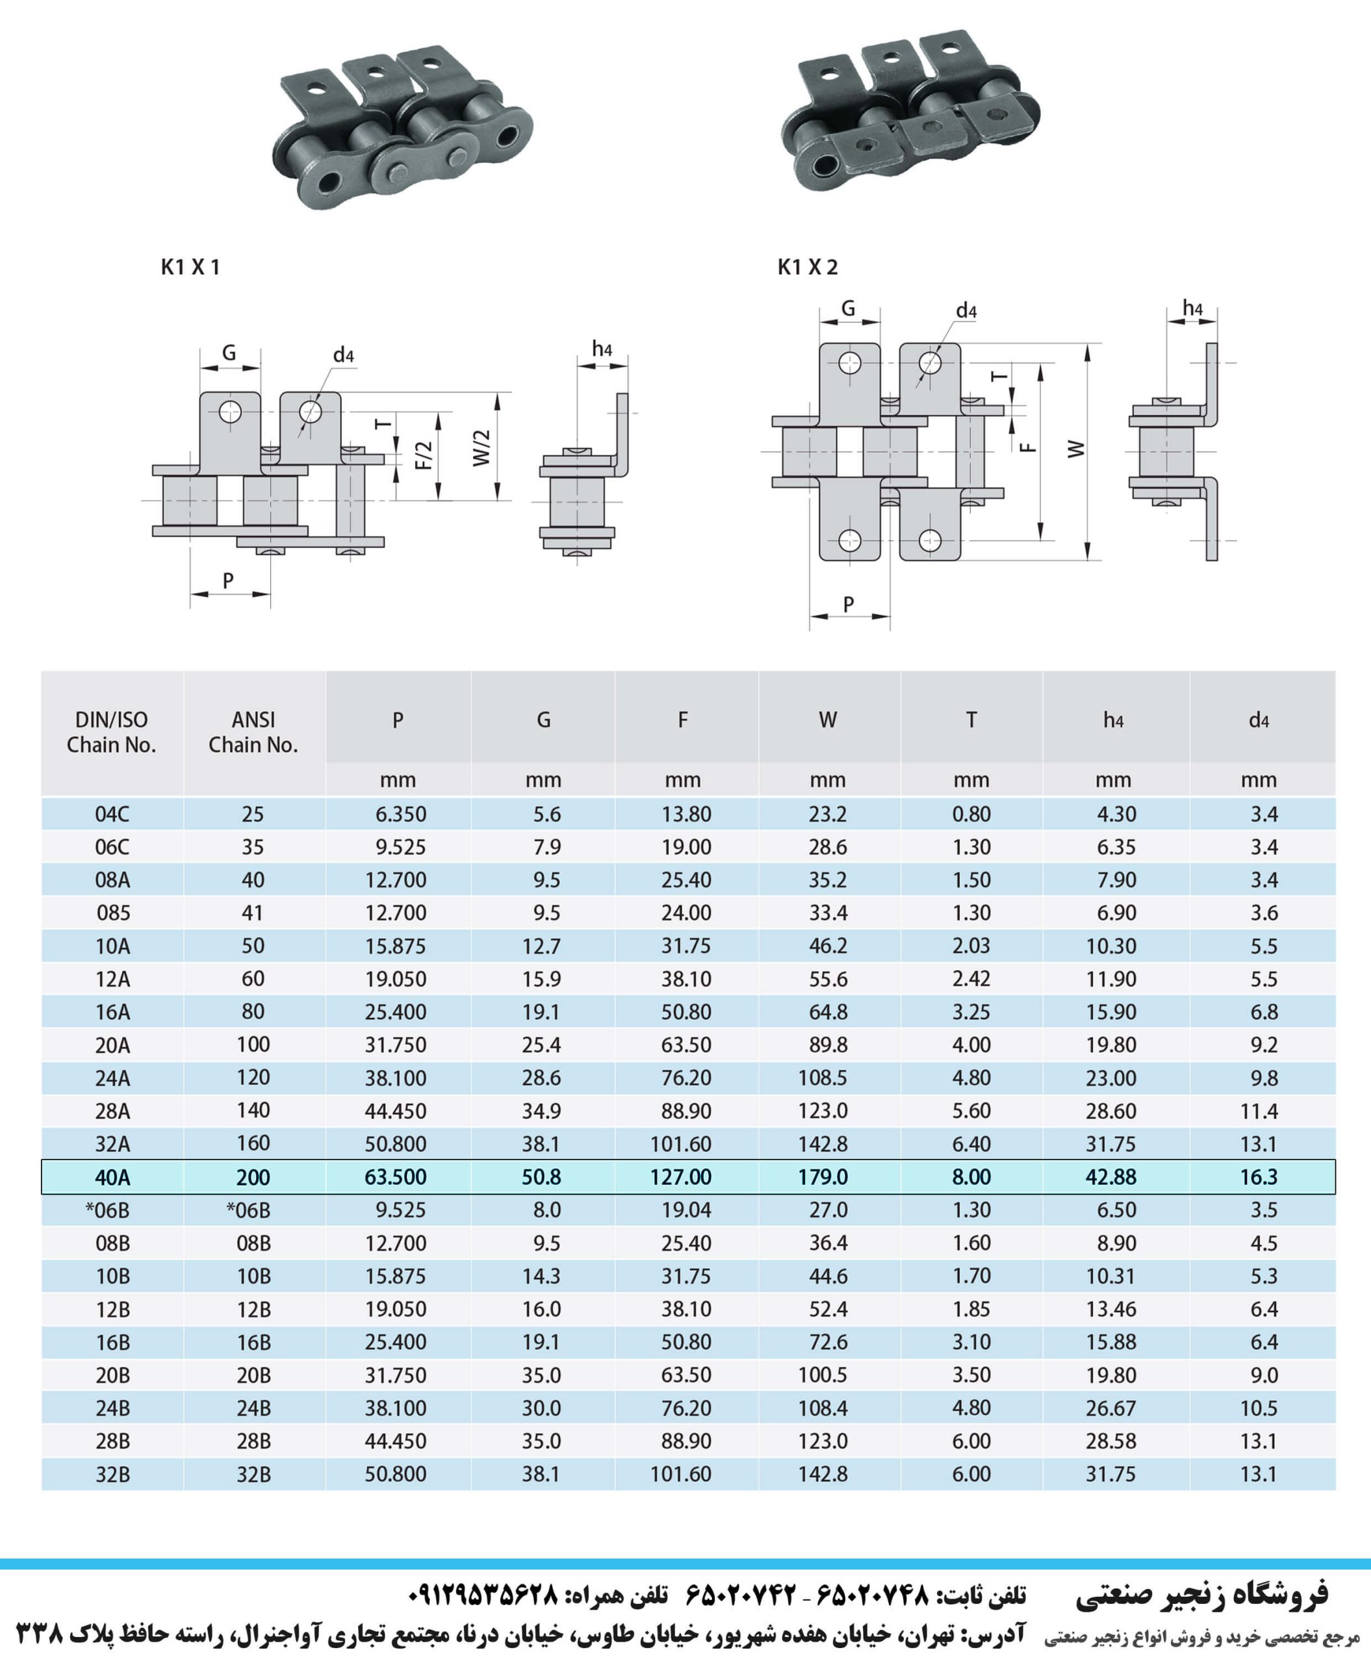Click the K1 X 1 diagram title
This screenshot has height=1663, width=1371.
tap(190, 267)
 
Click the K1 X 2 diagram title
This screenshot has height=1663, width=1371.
tap(807, 267)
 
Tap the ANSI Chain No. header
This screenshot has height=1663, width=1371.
tap(253, 732)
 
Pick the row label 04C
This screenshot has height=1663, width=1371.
tap(112, 814)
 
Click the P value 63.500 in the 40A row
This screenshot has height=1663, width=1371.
tap(396, 1177)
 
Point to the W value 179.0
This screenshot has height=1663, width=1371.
tap(823, 1177)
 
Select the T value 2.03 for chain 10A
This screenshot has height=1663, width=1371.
tap(971, 946)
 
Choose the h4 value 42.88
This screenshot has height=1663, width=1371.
tap(1111, 1177)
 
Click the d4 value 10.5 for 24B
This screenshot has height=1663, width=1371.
tap(1259, 1408)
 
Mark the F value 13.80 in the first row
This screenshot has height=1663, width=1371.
tap(686, 814)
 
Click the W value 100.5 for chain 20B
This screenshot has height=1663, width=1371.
tap(823, 1375)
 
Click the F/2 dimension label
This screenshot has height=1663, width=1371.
tap(424, 455)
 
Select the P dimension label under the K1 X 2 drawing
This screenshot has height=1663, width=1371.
tap(849, 604)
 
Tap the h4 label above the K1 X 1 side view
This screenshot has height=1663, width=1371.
tap(602, 348)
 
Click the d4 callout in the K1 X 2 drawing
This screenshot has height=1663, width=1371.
tap(967, 311)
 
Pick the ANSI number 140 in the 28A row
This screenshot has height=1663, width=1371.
tap(253, 1110)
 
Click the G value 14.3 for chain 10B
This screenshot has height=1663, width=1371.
tap(542, 1276)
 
